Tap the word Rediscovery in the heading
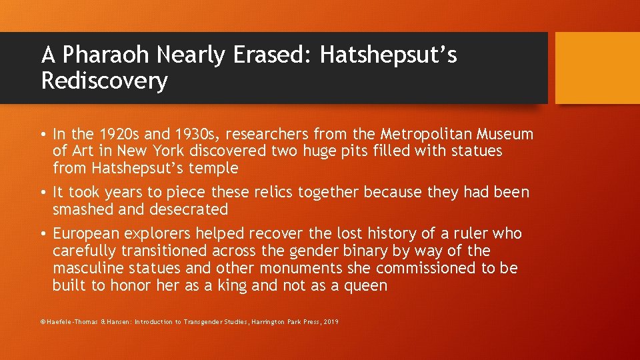[x=104, y=81]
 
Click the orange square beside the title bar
[x=597, y=68]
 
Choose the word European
[x=86, y=234]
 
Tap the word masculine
[x=87, y=269]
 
